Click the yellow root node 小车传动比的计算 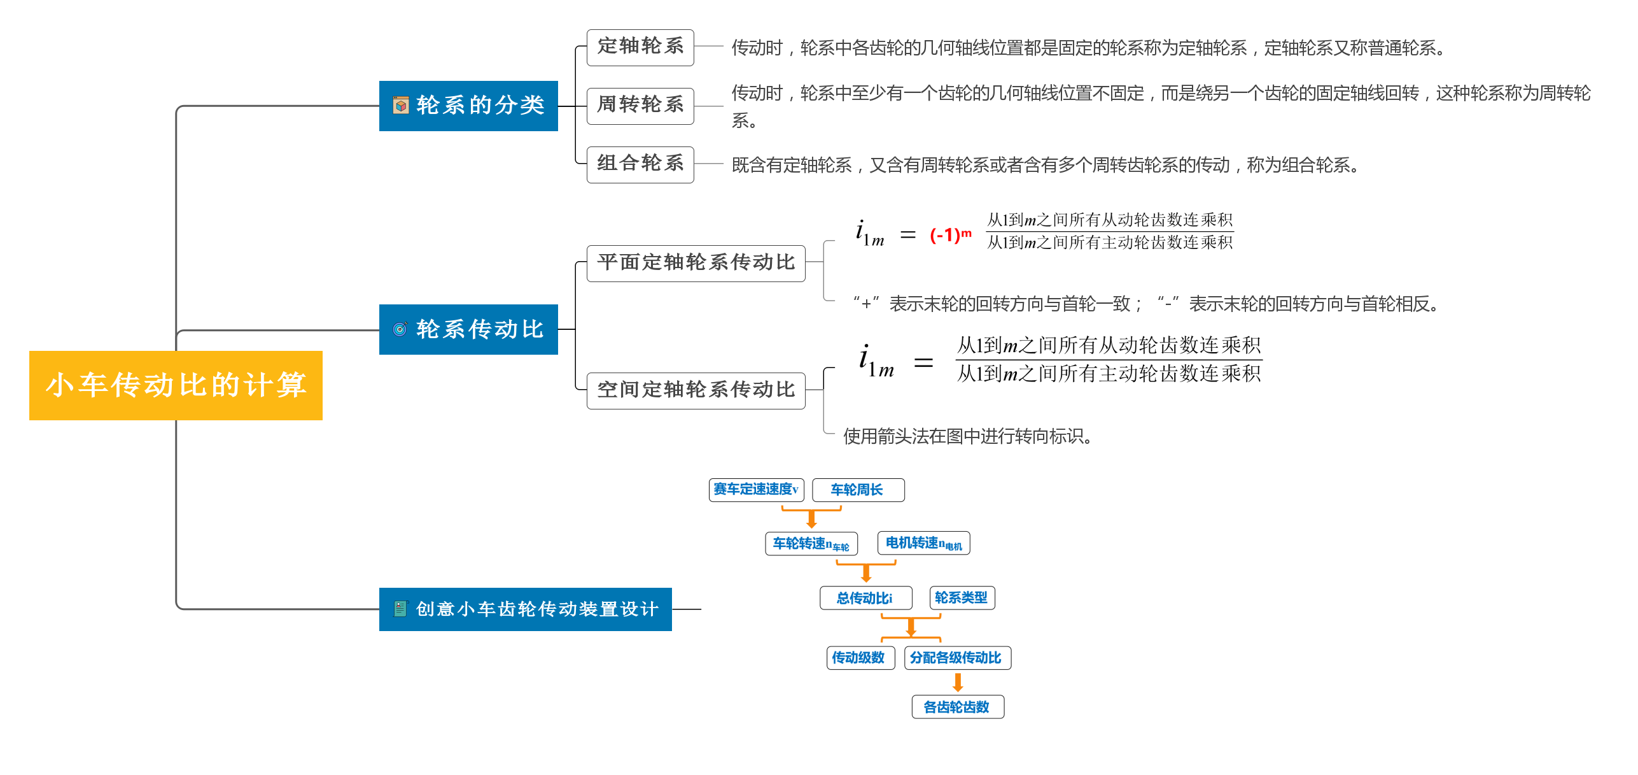(x=176, y=385)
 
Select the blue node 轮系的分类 (x=468, y=106)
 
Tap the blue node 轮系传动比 (x=468, y=329)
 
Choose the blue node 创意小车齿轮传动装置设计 (x=525, y=609)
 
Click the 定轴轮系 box (x=640, y=47)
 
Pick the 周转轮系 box (x=640, y=106)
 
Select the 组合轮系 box (x=640, y=164)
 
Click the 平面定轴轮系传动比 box (x=696, y=263)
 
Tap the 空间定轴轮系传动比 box (x=696, y=390)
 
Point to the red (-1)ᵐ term (x=950, y=235)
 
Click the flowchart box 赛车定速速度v (x=756, y=490)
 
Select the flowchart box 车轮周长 (x=858, y=490)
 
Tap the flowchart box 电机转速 (x=923, y=543)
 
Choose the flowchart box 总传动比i (x=865, y=598)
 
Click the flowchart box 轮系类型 (x=962, y=598)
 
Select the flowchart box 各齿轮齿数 (x=957, y=707)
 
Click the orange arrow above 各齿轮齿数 (x=958, y=682)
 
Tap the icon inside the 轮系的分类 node (x=401, y=106)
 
